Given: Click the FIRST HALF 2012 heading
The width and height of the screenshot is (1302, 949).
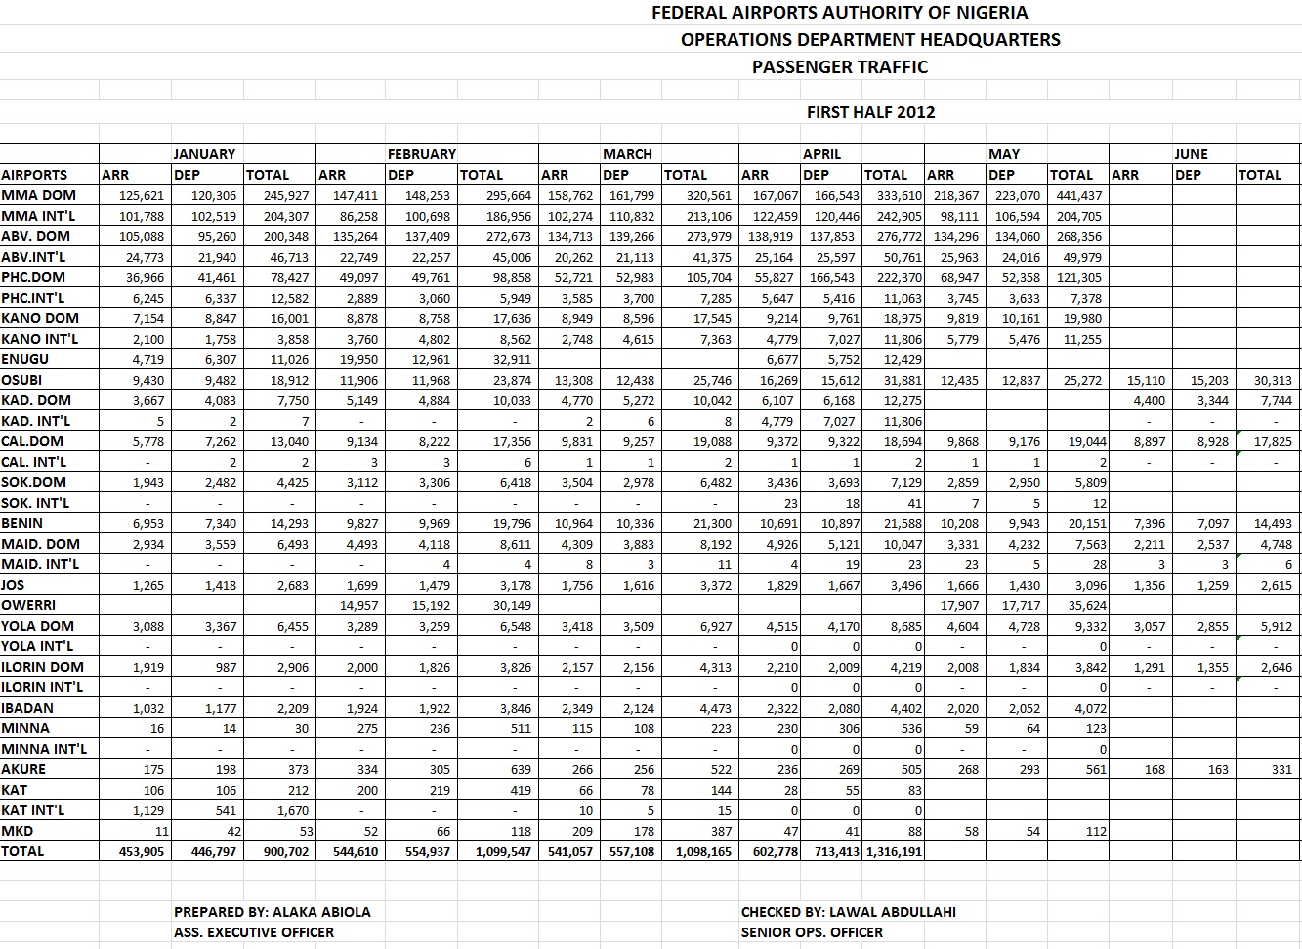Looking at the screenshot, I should [x=870, y=112].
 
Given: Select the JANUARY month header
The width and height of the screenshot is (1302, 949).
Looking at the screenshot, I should [x=204, y=154].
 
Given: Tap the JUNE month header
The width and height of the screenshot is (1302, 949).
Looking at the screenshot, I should [x=1191, y=154].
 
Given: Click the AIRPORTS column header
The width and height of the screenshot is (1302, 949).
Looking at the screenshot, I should [x=34, y=175].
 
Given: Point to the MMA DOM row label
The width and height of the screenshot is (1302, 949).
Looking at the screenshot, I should [x=38, y=195].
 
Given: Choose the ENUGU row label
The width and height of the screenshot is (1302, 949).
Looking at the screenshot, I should [x=25, y=359].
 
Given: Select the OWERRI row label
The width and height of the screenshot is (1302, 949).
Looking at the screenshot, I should [x=28, y=605].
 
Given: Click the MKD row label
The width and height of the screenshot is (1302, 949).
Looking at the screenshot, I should [x=18, y=831].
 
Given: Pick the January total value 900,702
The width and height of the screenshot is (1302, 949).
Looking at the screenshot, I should [x=287, y=851].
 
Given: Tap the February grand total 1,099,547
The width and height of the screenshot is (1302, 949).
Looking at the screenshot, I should [x=503, y=851].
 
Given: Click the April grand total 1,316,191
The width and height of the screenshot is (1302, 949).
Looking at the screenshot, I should [x=894, y=851].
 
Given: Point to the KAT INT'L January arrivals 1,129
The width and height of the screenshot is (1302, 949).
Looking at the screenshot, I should [x=147, y=810].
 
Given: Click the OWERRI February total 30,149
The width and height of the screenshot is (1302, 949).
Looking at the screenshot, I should [x=511, y=605].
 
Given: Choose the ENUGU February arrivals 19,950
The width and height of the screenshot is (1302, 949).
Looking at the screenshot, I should [x=358, y=359].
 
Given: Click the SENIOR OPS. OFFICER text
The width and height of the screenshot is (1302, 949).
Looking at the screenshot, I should [x=812, y=932].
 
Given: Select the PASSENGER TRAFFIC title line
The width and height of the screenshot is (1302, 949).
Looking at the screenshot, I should [x=840, y=67].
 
